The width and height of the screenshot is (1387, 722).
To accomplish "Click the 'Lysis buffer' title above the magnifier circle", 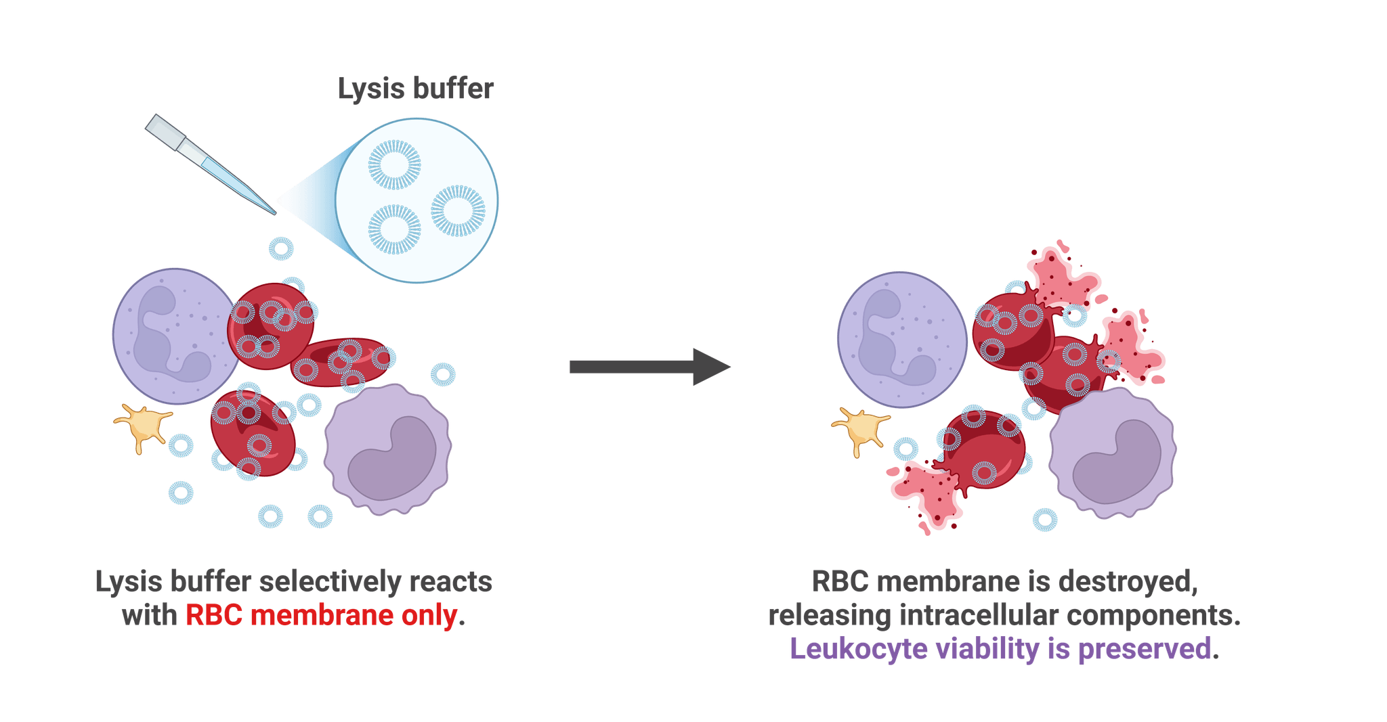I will click(x=415, y=89).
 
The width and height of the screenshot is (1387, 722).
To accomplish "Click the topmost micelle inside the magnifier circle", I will click(x=395, y=164).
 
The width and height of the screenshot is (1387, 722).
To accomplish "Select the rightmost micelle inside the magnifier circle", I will click(x=458, y=210).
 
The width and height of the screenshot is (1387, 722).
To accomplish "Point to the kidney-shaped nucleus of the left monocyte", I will click(x=393, y=459).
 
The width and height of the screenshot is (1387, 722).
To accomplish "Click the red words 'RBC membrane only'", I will click(x=321, y=616).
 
